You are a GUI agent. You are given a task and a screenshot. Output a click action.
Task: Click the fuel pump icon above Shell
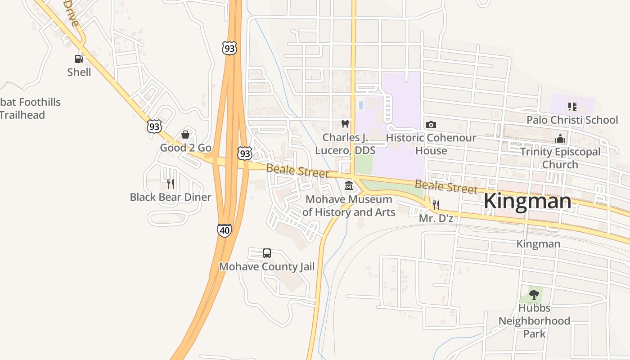pos(79,58)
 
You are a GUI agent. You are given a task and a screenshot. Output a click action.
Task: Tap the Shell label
pos(79,72)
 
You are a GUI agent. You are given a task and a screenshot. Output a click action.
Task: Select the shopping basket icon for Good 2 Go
pos(185,135)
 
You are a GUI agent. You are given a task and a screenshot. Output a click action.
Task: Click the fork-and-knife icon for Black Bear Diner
pos(170,184)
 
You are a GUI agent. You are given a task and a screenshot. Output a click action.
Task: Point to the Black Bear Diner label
pos(171,197)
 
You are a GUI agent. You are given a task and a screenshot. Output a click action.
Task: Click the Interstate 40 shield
pos(224,230)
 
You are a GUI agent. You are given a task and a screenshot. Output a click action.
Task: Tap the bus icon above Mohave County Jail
pos(267,253)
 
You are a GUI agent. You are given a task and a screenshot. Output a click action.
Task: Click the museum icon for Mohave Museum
pos(348,185)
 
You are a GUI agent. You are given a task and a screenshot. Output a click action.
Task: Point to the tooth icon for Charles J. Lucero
pos(345,124)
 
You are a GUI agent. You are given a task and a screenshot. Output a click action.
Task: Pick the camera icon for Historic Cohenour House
pos(431,125)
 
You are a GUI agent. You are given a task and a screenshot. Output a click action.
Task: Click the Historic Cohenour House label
pos(431,144)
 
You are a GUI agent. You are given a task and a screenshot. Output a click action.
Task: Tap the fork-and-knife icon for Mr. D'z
pos(436,205)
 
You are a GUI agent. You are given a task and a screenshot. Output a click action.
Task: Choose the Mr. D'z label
pos(436,218)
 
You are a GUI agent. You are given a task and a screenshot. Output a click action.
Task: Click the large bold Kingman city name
pos(527,201)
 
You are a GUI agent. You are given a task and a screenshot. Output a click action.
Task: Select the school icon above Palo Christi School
pos(572,107)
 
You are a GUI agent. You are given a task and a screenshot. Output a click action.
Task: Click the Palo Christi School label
pos(572,120)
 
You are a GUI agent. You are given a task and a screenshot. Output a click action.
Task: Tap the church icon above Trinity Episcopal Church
pos(560,138)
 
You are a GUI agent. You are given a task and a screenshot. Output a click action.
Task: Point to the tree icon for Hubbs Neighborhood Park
pos(534,295)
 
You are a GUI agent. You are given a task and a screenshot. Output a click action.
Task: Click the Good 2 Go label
pos(186,148)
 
